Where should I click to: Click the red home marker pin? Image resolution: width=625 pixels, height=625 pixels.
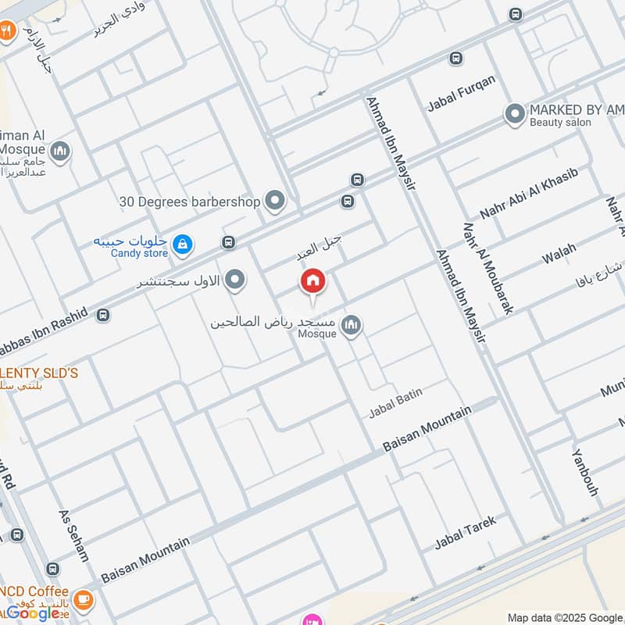pos(312,281)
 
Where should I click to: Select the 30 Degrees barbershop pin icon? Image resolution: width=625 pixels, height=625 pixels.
pos(274,202)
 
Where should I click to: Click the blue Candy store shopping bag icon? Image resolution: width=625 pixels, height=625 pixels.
pos(182,245)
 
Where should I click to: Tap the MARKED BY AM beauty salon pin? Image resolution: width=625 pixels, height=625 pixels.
pos(514,115)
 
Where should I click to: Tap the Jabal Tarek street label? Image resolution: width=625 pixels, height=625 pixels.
pos(465,531)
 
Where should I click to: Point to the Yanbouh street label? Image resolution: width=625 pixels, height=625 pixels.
pos(584,472)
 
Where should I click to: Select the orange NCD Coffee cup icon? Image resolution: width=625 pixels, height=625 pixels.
pos(84,600)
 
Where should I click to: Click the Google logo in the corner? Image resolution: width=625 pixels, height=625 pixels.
pos(33,613)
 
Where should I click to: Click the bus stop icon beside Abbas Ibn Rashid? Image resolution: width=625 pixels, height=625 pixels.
pos(102,316)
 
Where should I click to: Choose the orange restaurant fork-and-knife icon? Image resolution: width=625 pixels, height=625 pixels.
pos(7,32)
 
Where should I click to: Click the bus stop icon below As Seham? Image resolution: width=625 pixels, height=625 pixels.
pos(52,569)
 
